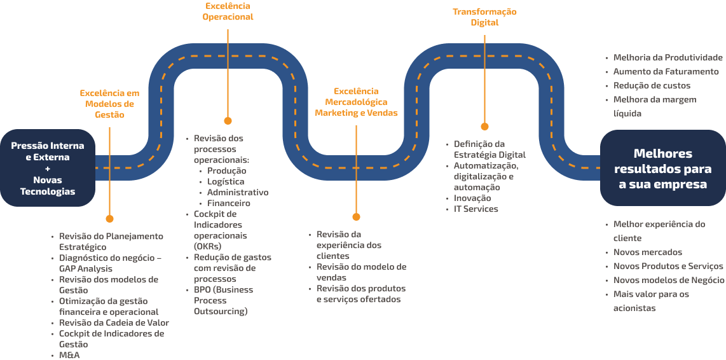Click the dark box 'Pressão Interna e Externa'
(x=47, y=168)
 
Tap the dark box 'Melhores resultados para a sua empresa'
(x=663, y=169)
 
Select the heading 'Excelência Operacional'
(x=228, y=11)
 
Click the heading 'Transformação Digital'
(x=484, y=17)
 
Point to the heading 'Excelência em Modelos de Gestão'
(x=109, y=104)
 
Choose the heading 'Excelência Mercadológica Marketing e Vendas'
(x=356, y=102)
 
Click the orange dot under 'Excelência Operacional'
(x=228, y=120)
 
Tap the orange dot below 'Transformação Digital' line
(x=484, y=127)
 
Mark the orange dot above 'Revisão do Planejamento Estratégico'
(x=109, y=218)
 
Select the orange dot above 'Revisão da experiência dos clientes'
(x=356, y=217)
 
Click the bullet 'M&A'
(x=70, y=355)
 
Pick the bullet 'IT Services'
(x=476, y=209)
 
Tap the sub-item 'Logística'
(x=226, y=181)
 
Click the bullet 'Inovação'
(x=472, y=198)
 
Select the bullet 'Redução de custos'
(x=652, y=85)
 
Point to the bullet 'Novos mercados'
(x=647, y=252)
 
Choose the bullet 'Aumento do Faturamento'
(x=666, y=71)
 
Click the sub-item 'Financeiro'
(x=228, y=203)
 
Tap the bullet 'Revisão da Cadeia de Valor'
(x=114, y=322)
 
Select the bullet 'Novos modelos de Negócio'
(x=668, y=280)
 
